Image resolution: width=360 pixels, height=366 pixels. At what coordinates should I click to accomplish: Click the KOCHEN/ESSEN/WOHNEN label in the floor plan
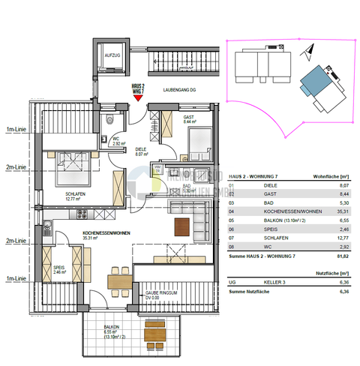pyautogui.click(x=106, y=234)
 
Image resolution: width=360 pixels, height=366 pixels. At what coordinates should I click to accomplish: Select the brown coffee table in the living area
pyautogui.click(x=181, y=226)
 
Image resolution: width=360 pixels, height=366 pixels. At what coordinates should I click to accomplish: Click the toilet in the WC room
pyautogui.click(x=110, y=120)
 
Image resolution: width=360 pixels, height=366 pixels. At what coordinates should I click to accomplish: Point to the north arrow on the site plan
pyautogui.click(x=307, y=51)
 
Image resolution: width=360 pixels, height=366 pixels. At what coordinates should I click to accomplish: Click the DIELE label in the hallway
pyautogui.click(x=140, y=148)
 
